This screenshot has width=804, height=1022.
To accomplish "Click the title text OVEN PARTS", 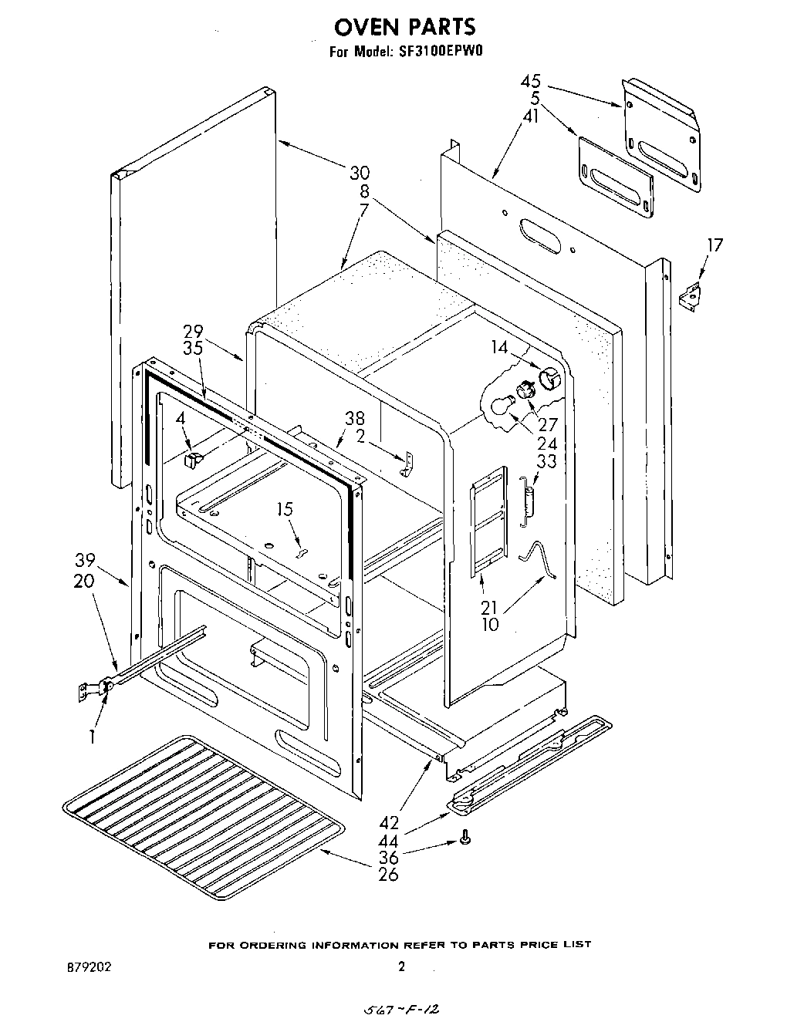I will click(404, 28).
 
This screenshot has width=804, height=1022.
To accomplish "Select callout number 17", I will click(715, 245).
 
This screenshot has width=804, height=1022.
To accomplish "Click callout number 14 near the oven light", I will click(500, 347).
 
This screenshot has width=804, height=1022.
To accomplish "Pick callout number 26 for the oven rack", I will click(389, 875).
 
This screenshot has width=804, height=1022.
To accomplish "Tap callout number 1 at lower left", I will click(92, 736).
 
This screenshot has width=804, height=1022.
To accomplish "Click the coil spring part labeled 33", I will click(528, 500).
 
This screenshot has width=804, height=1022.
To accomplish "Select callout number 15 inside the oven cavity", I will click(285, 509).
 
